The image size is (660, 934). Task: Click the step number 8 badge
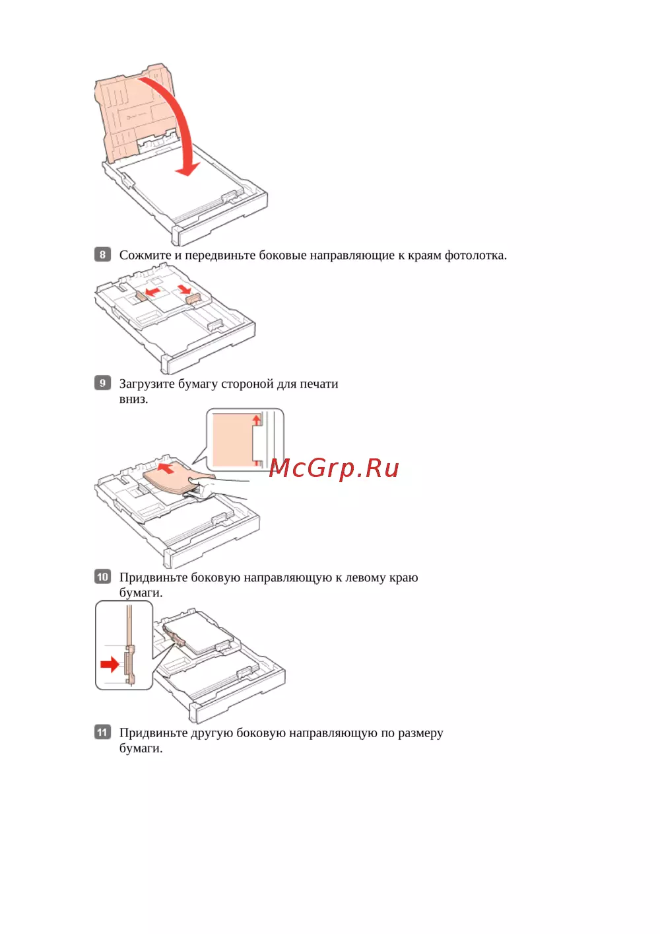[102, 254]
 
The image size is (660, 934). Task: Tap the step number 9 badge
[102, 382]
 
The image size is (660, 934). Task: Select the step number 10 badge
[102, 577]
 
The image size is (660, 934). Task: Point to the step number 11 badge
[102, 732]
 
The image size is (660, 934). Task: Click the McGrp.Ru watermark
[334, 468]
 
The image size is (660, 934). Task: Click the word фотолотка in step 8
[475, 255]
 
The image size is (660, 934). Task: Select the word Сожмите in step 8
[145, 255]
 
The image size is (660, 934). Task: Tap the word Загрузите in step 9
[147, 384]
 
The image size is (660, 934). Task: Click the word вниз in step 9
[133, 399]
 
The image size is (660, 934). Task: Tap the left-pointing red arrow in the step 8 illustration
[153, 291]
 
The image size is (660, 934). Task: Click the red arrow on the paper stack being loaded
[167, 468]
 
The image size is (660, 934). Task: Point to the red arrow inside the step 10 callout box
[110, 664]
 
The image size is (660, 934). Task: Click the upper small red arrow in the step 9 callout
[257, 419]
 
